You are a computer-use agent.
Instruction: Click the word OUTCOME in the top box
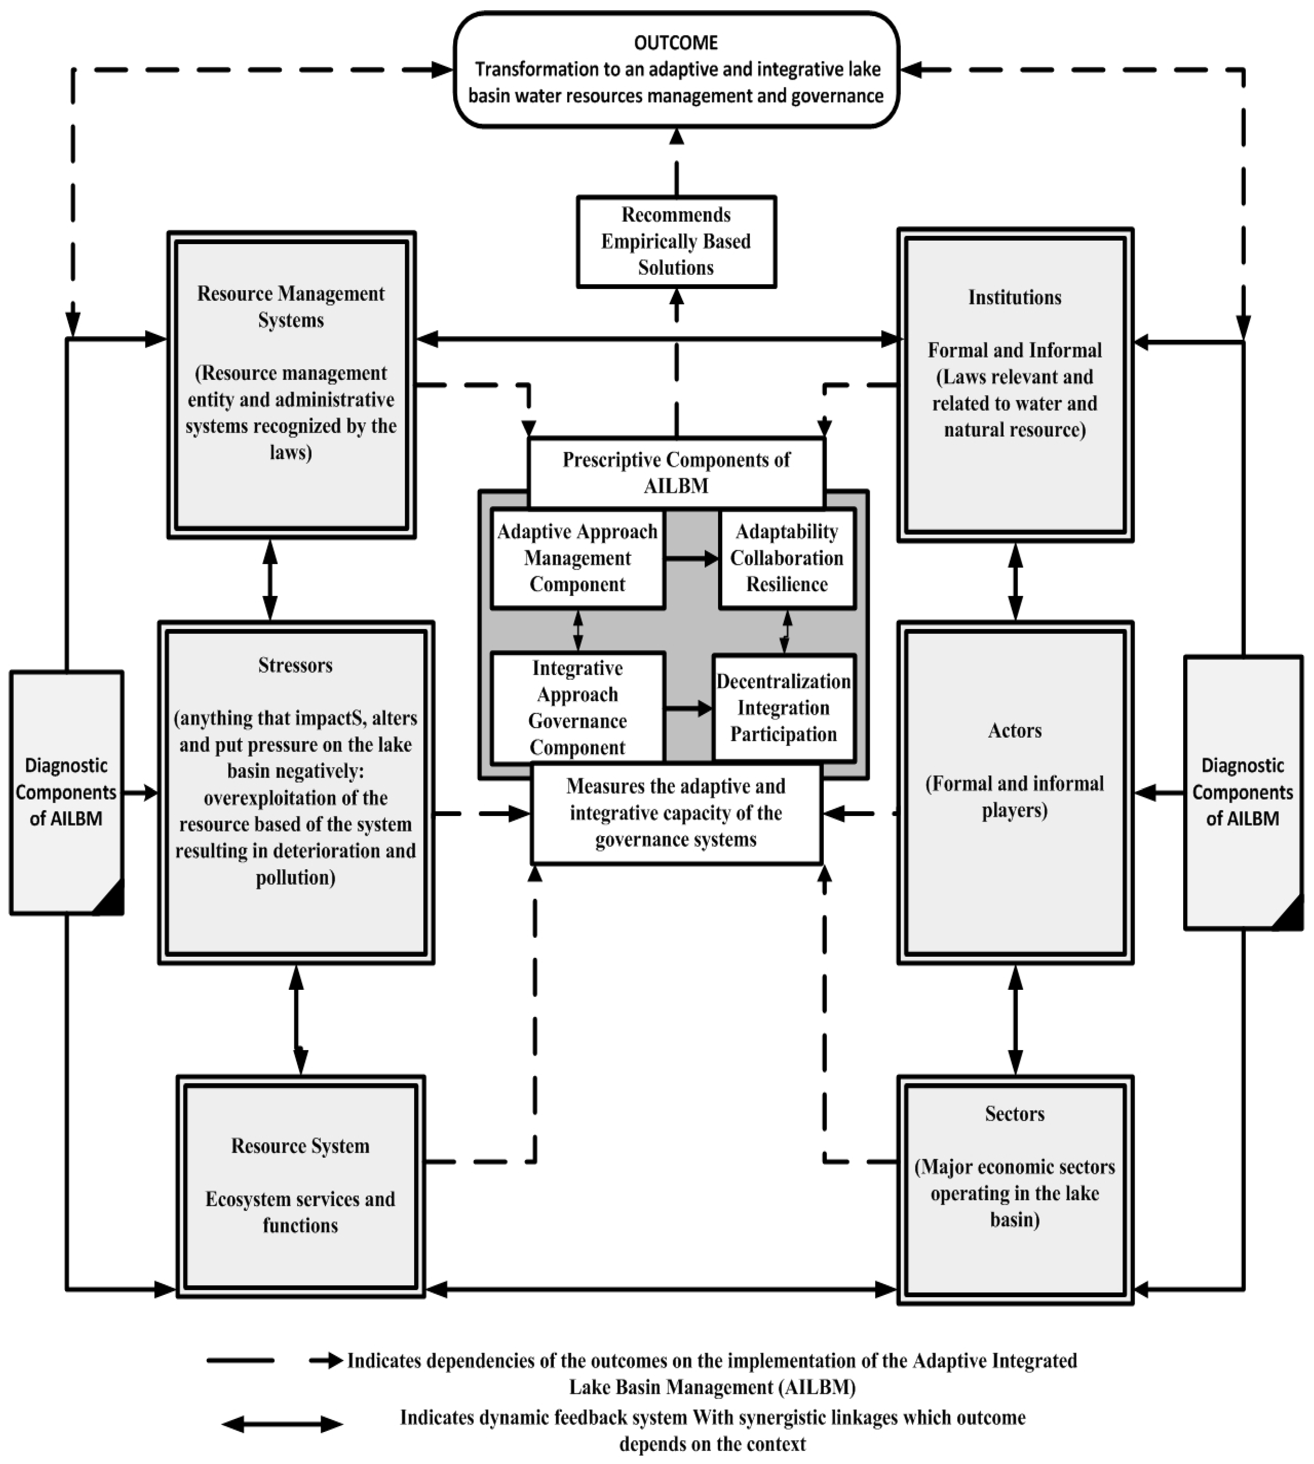pyautogui.click(x=676, y=43)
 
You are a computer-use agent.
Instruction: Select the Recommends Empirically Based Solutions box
pyautogui.click(x=676, y=241)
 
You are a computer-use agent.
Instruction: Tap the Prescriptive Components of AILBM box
pyautogui.click(x=676, y=472)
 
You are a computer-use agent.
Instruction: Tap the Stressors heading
pyautogui.click(x=295, y=664)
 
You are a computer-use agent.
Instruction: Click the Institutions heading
pyautogui.click(x=1014, y=297)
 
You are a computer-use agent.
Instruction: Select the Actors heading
pyautogui.click(x=1014, y=730)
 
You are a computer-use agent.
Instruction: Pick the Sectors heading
pyautogui.click(x=1014, y=1113)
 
